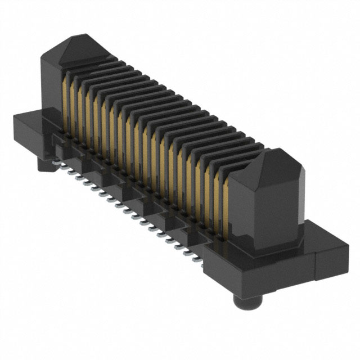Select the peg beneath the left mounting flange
click(45, 164)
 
